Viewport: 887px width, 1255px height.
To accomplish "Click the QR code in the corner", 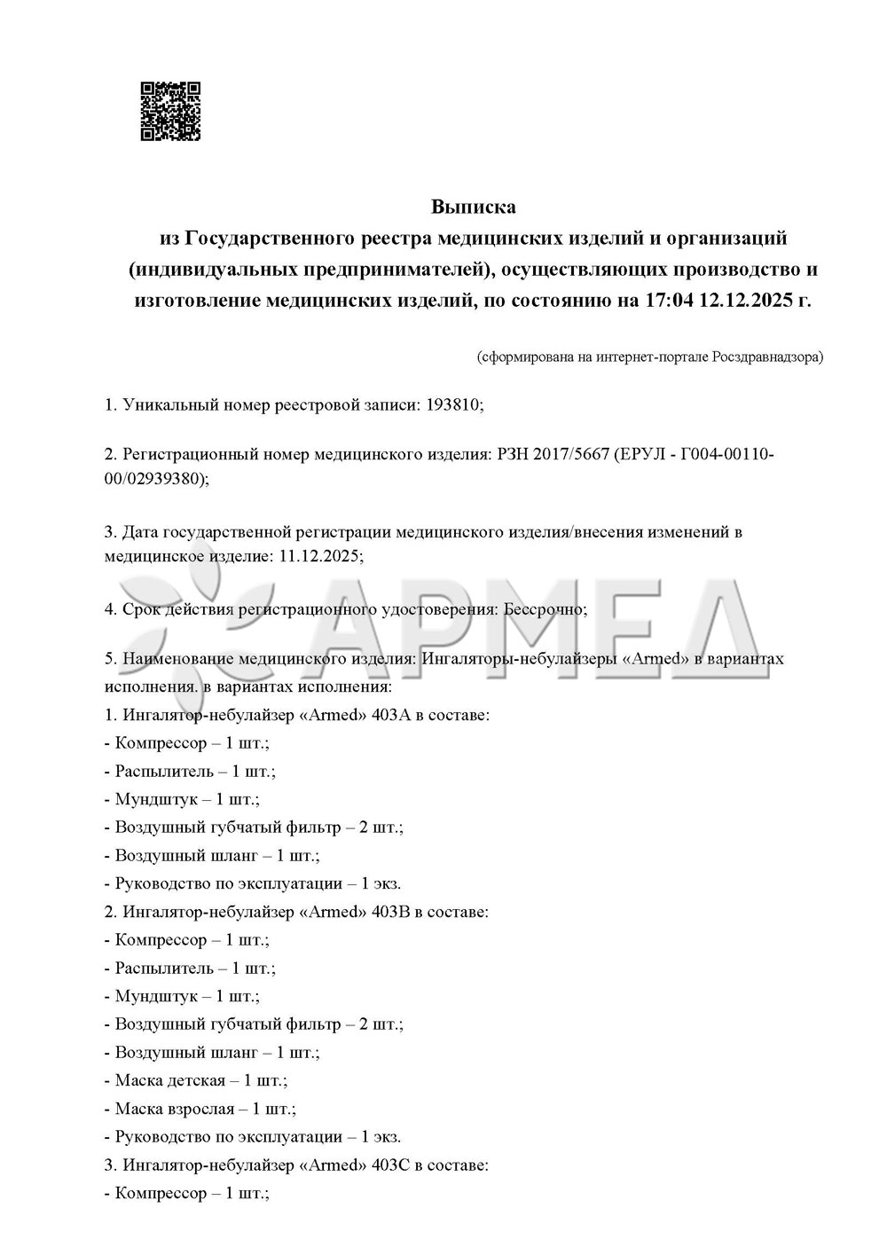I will point(170,112).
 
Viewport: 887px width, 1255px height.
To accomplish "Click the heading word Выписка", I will point(473,208).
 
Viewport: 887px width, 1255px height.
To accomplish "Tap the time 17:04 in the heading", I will point(666,300).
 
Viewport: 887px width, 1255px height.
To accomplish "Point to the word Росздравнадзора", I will point(767,357).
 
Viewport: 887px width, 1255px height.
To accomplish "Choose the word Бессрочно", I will point(542,609).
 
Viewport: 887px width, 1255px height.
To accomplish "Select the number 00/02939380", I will point(156,479).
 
